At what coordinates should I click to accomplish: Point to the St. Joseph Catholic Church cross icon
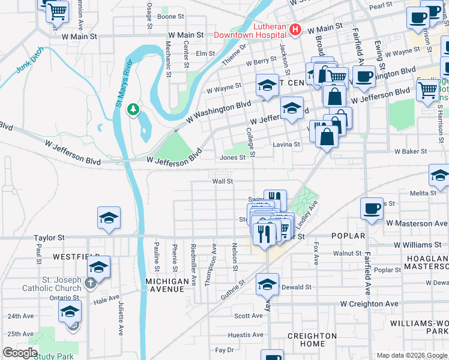click(x=90, y=283)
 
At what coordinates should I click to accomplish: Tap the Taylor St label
click(x=49, y=238)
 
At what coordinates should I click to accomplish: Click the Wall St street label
click(x=221, y=181)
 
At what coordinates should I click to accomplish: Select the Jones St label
click(x=233, y=158)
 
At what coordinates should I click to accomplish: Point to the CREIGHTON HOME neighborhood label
click(x=312, y=340)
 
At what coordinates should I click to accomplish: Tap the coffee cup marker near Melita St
click(x=372, y=209)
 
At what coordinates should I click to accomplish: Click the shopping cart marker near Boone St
click(x=57, y=11)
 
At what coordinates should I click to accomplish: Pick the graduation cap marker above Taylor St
click(x=109, y=218)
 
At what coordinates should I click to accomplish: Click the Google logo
click(x=20, y=353)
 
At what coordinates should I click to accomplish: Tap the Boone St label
click(x=170, y=17)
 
